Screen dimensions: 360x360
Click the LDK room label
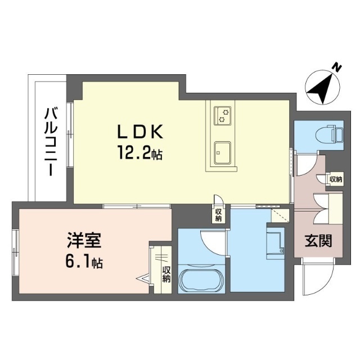tap(140, 132)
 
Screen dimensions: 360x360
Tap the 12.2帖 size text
tap(140, 152)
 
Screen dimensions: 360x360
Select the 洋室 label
tap(84, 240)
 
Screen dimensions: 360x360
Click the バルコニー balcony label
tap(51, 142)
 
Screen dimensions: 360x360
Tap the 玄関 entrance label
tap(318, 241)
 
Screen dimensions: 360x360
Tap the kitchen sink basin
tap(222, 153)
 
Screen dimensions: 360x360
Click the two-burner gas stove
tap(222, 116)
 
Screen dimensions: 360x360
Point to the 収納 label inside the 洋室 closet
tap(166, 274)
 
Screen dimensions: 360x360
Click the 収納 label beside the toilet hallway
tap(336, 179)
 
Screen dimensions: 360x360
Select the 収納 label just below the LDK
tap(218, 215)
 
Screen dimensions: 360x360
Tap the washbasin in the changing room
tap(276, 244)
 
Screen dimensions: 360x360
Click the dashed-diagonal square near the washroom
tap(280, 215)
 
